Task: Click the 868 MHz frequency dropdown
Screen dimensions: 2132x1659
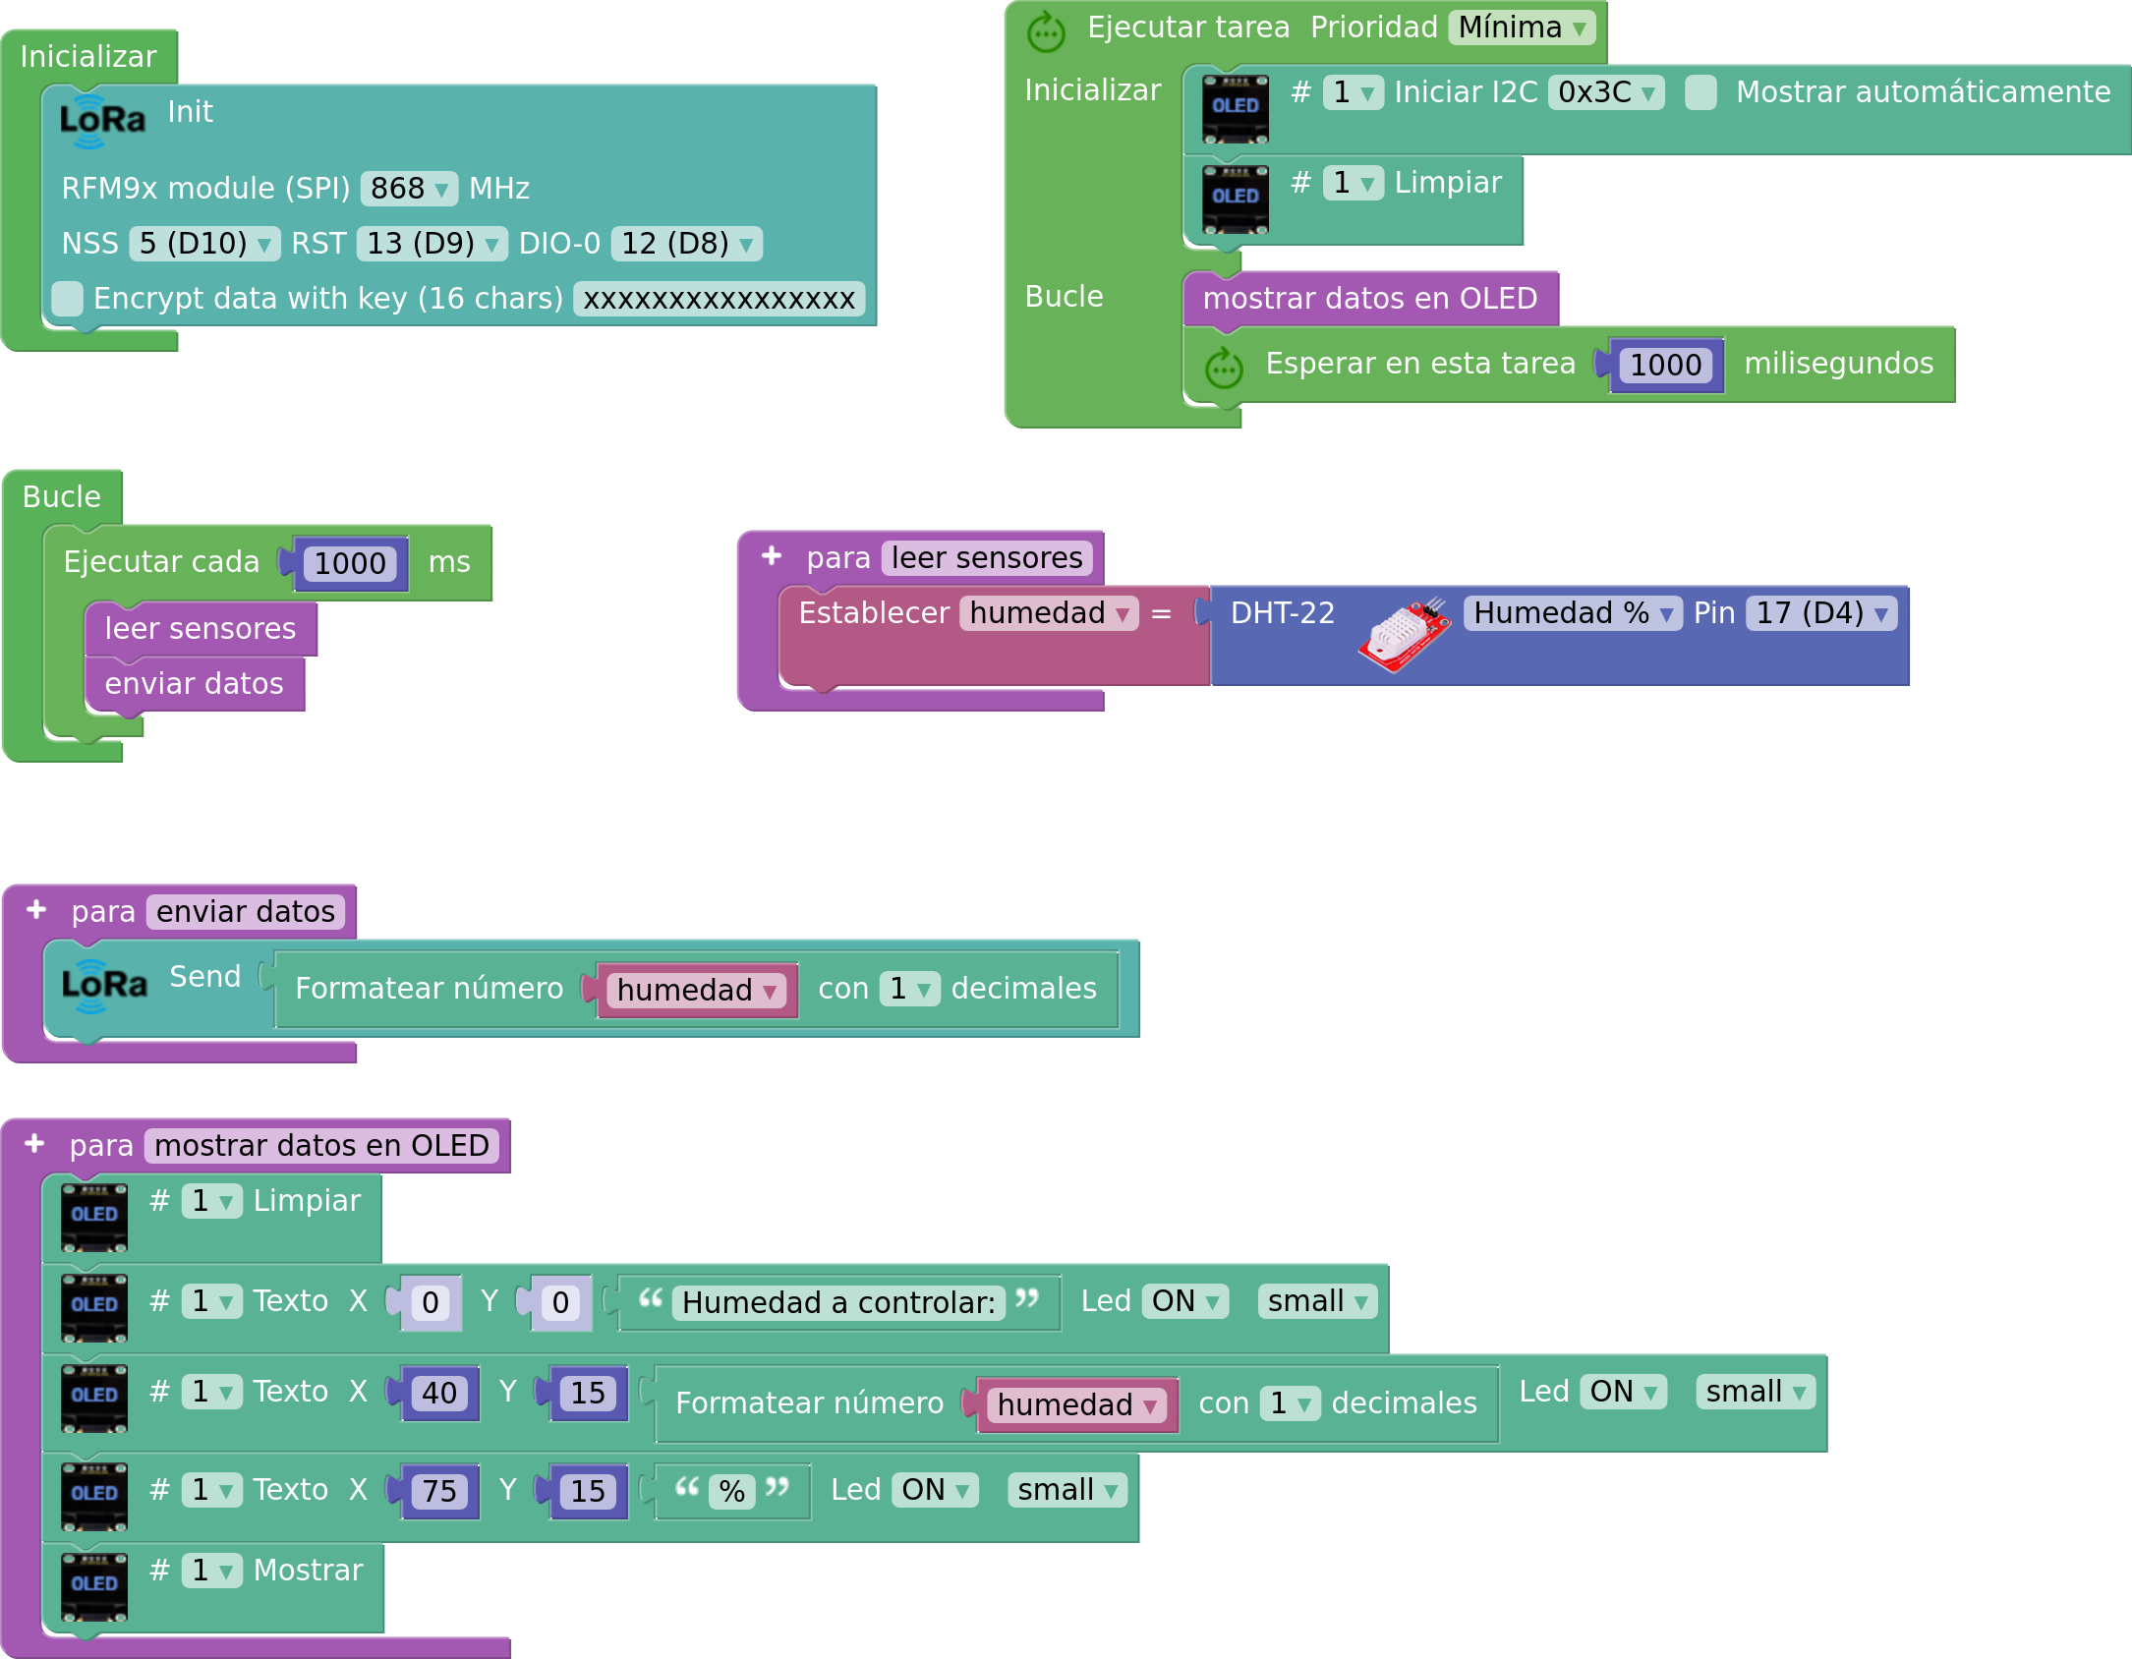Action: (409, 188)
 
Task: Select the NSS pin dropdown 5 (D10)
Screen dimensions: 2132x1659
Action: (204, 243)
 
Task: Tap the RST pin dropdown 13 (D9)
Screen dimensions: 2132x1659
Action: (432, 243)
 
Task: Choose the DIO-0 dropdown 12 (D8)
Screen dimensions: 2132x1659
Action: (686, 243)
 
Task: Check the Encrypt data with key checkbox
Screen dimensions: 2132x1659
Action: (67, 298)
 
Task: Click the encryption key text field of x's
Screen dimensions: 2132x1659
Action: (720, 299)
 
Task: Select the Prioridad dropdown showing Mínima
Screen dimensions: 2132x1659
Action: (1522, 28)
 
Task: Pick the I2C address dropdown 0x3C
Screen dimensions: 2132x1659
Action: (1606, 92)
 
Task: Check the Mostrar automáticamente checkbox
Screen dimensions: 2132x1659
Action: (1700, 92)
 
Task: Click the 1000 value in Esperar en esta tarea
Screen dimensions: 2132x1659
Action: (1666, 366)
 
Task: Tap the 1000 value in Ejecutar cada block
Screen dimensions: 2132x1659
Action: (350, 564)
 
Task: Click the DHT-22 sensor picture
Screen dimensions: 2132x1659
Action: (1405, 635)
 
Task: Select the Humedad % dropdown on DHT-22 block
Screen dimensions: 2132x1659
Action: (1573, 613)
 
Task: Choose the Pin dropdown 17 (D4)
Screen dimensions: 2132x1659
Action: (1821, 613)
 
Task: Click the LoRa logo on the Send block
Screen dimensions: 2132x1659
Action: (104, 986)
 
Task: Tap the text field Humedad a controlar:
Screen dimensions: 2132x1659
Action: (838, 1303)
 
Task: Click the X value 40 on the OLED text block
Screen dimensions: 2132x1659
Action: (439, 1394)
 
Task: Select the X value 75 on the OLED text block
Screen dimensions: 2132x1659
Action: (439, 1492)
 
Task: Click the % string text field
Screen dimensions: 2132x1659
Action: (731, 1492)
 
